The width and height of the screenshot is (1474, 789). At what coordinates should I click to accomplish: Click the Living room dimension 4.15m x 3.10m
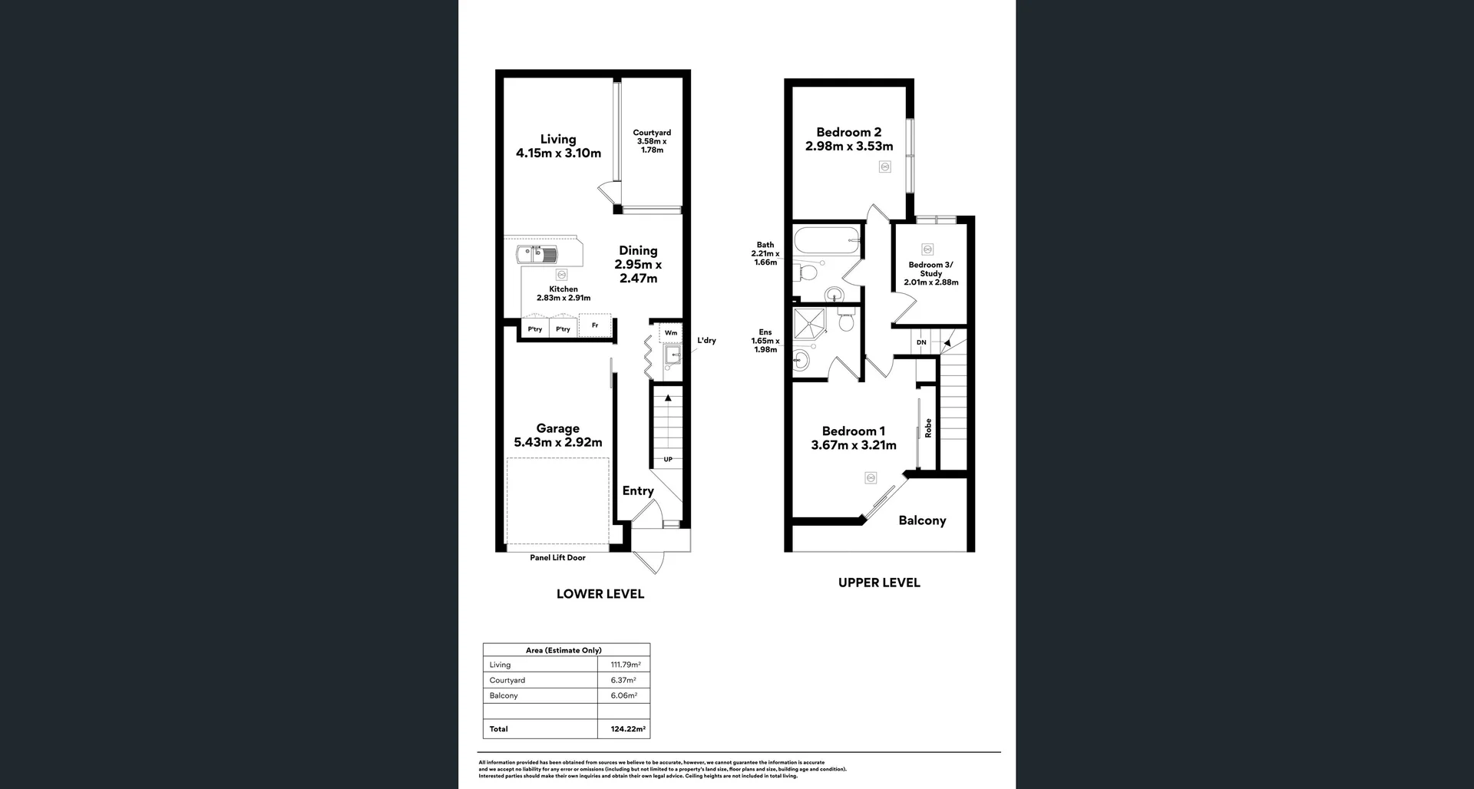click(x=558, y=153)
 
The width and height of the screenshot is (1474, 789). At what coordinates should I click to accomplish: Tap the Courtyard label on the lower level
click(x=652, y=133)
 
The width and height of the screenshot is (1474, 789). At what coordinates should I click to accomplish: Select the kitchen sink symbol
click(x=537, y=254)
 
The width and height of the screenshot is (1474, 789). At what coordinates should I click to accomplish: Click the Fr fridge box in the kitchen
click(x=595, y=325)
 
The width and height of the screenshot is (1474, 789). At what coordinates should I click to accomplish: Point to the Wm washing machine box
click(x=671, y=332)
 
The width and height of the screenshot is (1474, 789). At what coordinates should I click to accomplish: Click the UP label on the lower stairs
click(x=668, y=459)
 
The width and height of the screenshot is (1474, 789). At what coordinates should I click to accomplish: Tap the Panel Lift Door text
click(x=557, y=558)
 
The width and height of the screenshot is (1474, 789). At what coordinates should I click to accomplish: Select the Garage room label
click(x=557, y=428)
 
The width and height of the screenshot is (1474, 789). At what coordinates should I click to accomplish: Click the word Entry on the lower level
click(x=638, y=490)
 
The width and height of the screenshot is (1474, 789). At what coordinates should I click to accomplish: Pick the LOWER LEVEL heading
click(x=600, y=594)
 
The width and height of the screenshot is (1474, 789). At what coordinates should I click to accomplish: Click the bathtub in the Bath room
click(x=827, y=240)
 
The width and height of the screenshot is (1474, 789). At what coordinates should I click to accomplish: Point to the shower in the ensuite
click(x=810, y=325)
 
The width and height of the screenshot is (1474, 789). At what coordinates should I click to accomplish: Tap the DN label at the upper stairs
click(x=921, y=342)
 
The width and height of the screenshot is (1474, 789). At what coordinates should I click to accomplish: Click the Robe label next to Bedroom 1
click(x=928, y=428)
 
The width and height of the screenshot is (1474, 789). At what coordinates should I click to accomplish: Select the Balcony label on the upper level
click(x=922, y=520)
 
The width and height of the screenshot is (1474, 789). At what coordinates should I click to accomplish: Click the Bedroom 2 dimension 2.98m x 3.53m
click(x=849, y=146)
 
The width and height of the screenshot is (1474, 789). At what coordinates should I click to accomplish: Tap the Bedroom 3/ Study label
click(x=930, y=269)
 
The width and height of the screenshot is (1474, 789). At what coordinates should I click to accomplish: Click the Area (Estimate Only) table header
click(x=563, y=650)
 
